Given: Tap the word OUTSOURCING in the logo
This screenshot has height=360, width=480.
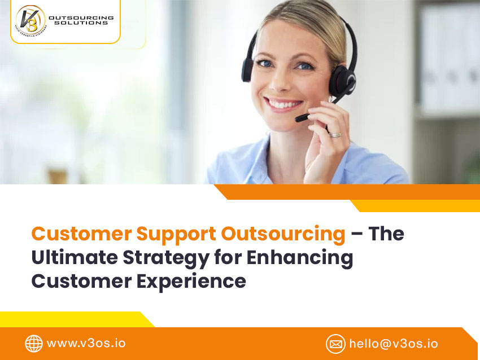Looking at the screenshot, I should pos(81,17).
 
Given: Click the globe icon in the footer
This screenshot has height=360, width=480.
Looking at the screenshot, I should pos(34,344).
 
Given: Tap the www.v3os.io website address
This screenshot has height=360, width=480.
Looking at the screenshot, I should pos(86,343).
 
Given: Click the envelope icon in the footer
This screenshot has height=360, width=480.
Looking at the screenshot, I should pos(335,344).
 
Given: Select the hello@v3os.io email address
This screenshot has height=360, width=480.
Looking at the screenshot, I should pos(394,344).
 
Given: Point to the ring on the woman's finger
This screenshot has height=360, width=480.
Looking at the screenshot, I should pos(335,135).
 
